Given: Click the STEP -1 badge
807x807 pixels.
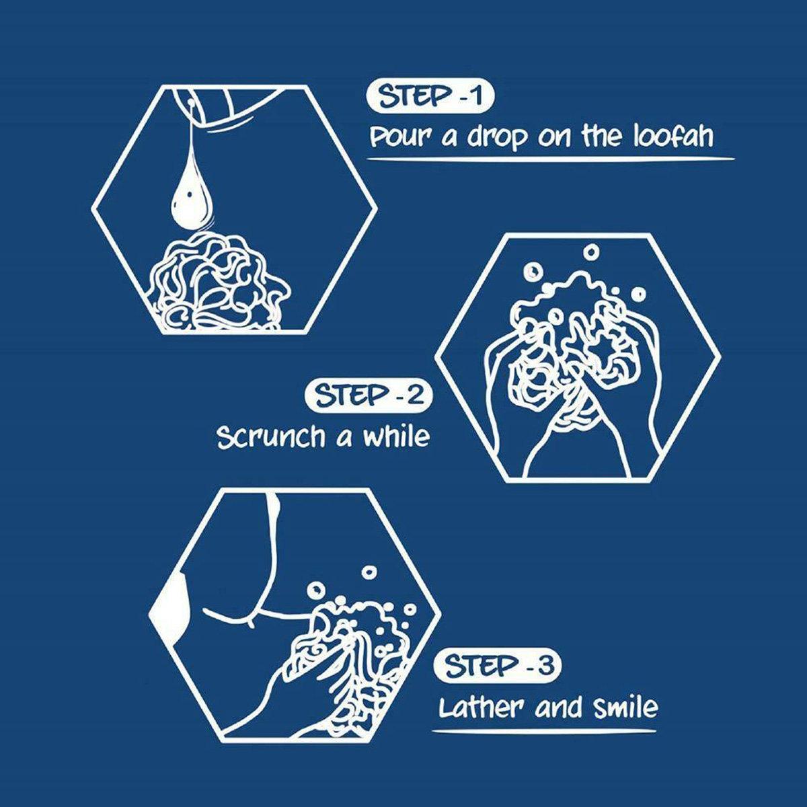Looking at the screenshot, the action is coord(430,97).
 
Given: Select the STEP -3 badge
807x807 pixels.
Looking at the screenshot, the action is coord(497,666).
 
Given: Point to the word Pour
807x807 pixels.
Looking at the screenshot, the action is coord(401,138).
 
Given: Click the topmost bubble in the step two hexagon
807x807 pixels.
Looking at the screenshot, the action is coord(591,252).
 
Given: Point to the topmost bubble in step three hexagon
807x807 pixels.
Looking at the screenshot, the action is coord(369,572).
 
